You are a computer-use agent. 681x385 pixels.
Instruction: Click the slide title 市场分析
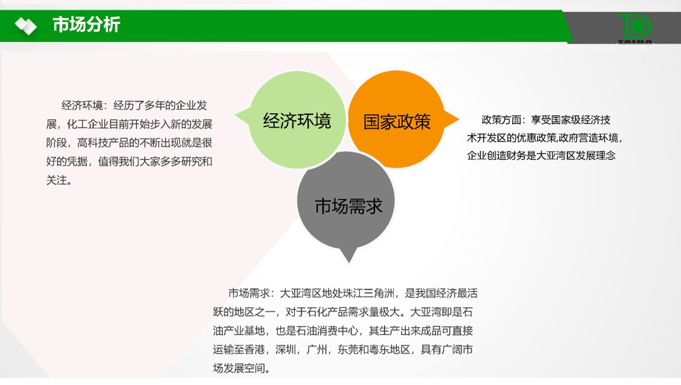86,25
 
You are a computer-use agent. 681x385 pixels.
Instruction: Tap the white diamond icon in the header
26,26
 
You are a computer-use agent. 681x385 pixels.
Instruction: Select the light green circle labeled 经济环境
297,120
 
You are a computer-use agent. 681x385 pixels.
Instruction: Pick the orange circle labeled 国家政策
397,120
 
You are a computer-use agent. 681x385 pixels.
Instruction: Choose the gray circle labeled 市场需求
346,201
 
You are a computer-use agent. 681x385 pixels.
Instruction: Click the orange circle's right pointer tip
459,119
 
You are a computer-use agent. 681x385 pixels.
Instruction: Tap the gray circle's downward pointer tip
349,262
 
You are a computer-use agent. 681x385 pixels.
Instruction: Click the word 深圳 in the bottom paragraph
286,350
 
